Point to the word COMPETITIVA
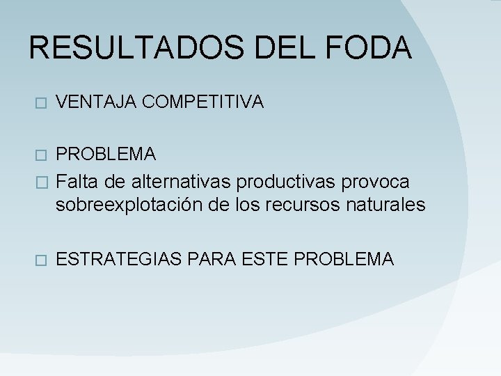click(x=202, y=102)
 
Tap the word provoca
click(x=375, y=182)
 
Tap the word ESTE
click(x=266, y=259)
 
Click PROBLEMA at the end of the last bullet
click(x=344, y=259)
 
